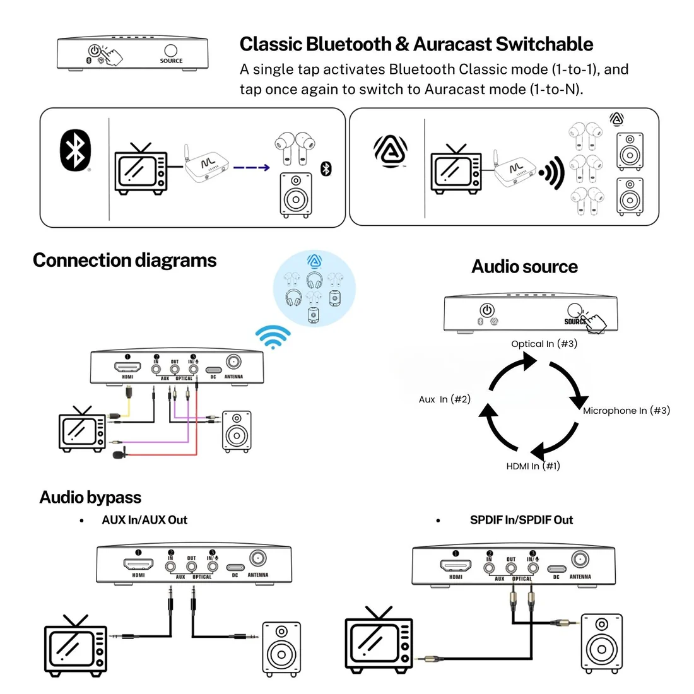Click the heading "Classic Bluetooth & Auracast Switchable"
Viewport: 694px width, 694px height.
pyautogui.click(x=416, y=44)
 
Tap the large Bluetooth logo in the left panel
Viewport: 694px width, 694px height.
pyautogui.click(x=75, y=150)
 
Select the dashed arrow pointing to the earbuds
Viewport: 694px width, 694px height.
pyautogui.click(x=251, y=168)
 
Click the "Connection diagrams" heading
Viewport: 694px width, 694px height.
pyautogui.click(x=124, y=261)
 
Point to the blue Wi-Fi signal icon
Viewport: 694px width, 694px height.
pyautogui.click(x=273, y=336)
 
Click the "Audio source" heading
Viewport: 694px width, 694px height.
pyautogui.click(x=524, y=267)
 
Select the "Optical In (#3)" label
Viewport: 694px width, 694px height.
pyautogui.click(x=544, y=344)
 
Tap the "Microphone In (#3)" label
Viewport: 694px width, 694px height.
pyautogui.click(x=626, y=411)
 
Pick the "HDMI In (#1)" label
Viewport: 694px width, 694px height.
pyautogui.click(x=532, y=466)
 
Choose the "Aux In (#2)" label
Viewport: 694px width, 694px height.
pyautogui.click(x=444, y=399)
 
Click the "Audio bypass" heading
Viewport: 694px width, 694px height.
pyautogui.click(x=90, y=498)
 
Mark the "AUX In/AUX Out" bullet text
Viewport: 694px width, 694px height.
pyautogui.click(x=144, y=520)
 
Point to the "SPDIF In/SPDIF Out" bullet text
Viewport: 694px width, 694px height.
pyautogui.click(x=521, y=520)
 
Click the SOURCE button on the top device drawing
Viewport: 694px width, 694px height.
pyautogui.click(x=170, y=51)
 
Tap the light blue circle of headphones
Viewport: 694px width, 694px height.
pyautogui.click(x=314, y=288)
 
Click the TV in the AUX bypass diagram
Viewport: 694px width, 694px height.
pyautogui.click(x=76, y=647)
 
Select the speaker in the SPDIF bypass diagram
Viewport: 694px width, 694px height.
pyautogui.click(x=601, y=644)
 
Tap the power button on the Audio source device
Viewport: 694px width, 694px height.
pyautogui.click(x=486, y=310)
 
